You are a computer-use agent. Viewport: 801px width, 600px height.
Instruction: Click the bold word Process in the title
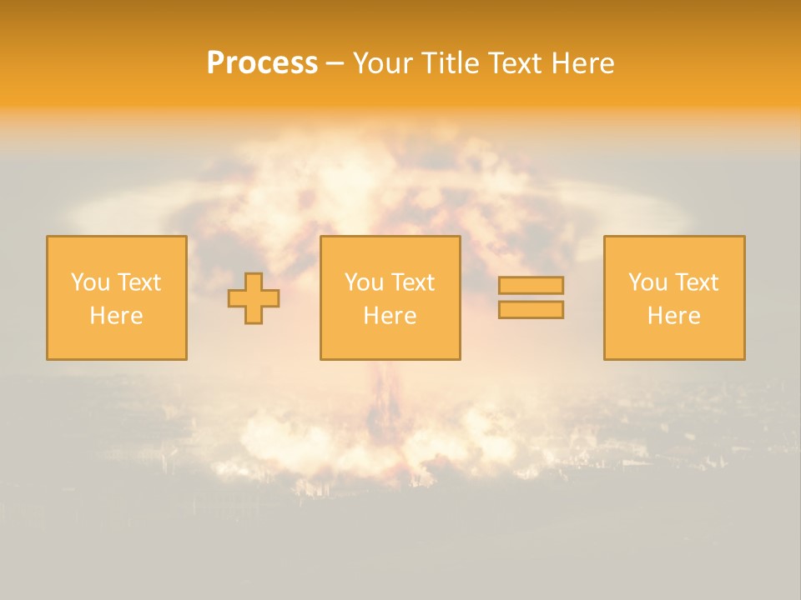(x=262, y=63)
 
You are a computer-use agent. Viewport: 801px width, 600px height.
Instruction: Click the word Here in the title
(x=582, y=63)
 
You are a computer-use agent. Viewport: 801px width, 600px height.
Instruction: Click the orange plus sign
(x=254, y=298)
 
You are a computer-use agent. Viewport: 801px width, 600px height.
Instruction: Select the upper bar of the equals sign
(x=531, y=286)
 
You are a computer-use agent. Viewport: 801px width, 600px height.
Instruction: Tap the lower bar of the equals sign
(x=531, y=310)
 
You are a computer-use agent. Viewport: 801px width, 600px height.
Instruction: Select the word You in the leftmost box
(x=89, y=282)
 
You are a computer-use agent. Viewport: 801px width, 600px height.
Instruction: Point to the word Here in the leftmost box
(x=116, y=316)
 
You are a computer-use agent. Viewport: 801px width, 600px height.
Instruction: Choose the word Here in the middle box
(x=390, y=316)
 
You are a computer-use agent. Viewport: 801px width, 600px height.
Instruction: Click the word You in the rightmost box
(x=647, y=282)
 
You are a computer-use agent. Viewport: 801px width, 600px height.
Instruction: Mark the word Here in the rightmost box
(x=674, y=316)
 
